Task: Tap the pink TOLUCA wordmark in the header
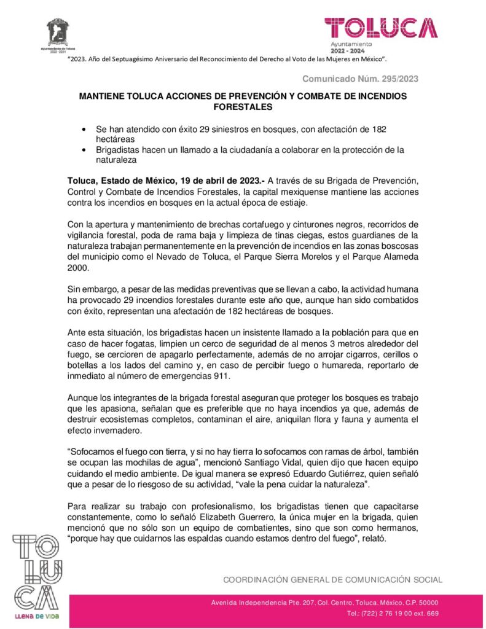(x=381, y=28)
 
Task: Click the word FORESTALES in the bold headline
(x=243, y=107)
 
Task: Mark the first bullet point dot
(x=84, y=130)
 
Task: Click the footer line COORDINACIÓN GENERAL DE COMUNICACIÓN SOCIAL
(x=332, y=579)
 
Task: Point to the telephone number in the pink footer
(x=393, y=614)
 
